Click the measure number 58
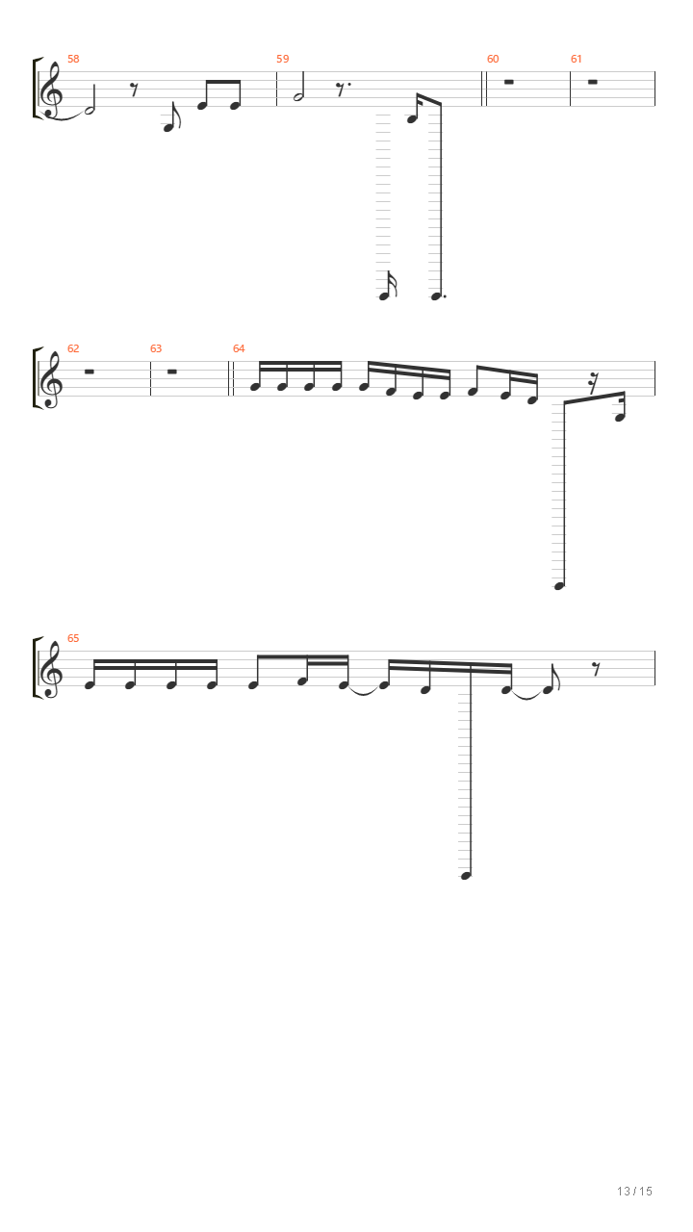73,59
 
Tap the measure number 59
283,59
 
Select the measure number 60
493,59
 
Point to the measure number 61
576,59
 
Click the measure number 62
73,348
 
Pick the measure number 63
156,348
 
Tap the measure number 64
239,348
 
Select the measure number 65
73,638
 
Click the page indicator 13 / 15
634,1192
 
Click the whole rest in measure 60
509,82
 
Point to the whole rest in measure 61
592,82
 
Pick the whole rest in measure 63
171,372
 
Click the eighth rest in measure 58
135,90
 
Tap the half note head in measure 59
298,97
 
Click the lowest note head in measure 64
559,586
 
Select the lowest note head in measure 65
465,876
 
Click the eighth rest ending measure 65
596,669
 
